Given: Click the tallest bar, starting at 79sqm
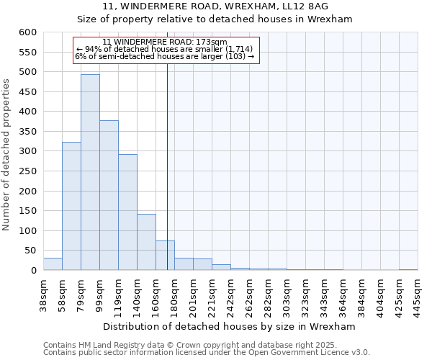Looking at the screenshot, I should pyautogui.click(x=90, y=173).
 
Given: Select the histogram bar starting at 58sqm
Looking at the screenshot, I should pyautogui.click(x=71, y=206).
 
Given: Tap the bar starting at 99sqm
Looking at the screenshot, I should pyautogui.click(x=109, y=195).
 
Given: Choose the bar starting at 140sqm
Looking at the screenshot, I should pyautogui.click(x=146, y=242).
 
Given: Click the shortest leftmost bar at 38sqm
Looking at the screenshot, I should pyautogui.click(x=53, y=264).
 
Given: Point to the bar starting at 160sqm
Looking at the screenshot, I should pyautogui.click(x=165, y=256).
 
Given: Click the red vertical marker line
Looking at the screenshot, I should pyautogui.click(x=167, y=158).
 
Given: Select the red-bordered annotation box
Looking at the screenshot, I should pyautogui.click(x=166, y=50).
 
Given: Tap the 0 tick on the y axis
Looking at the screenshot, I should pyautogui.click(x=33, y=271).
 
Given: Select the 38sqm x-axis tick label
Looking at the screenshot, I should pyautogui.click(x=43, y=293).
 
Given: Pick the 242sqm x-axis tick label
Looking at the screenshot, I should pyautogui.click(x=231, y=294).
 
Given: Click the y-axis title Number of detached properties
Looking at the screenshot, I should pyautogui.click(x=7, y=155).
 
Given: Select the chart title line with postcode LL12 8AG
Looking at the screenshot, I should pyautogui.click(x=215, y=6).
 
